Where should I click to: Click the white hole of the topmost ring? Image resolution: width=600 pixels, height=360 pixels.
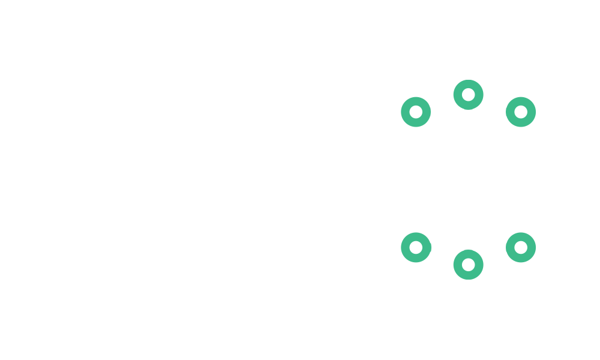(x=469, y=95)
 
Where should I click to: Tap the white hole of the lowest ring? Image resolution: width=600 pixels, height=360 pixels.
(x=469, y=265)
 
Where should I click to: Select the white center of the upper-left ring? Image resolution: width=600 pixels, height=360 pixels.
(x=416, y=112)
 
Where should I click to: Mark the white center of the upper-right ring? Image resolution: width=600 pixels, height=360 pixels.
(x=521, y=112)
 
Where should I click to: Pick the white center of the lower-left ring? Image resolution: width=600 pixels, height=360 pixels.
(x=416, y=247)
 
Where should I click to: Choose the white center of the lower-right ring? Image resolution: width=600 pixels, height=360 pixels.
(x=521, y=247)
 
